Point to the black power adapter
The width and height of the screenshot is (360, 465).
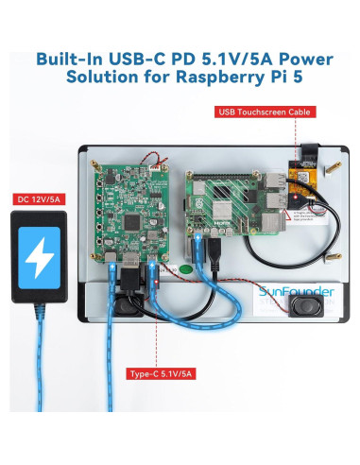click(40, 254)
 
